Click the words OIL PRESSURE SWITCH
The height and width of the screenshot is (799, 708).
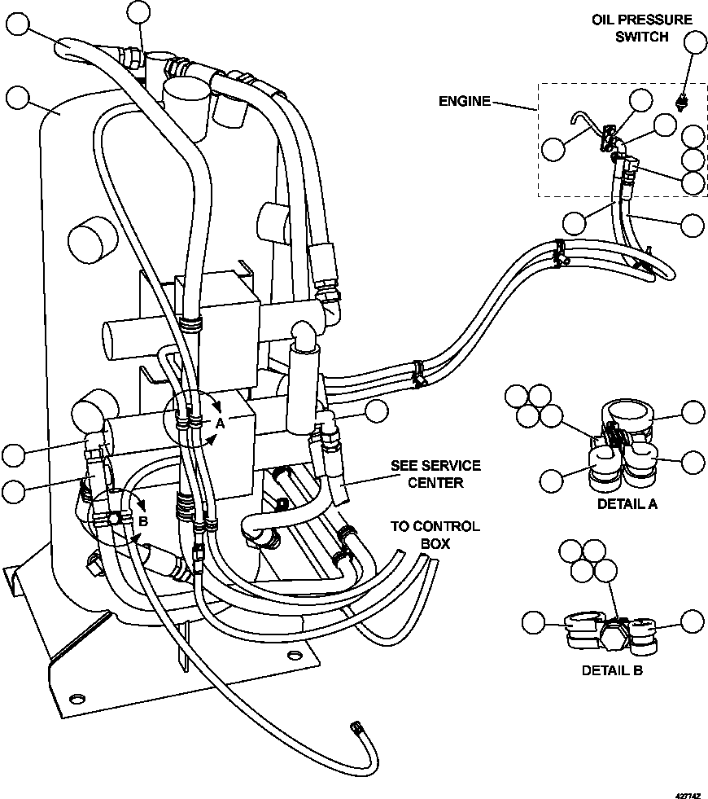point(641,28)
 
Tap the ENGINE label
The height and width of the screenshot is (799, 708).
point(465,101)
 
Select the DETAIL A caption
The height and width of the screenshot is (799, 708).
point(627,503)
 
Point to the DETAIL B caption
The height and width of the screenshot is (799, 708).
point(612,670)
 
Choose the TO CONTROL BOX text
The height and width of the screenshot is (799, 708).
point(435,534)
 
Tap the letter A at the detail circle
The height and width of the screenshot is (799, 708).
point(220,423)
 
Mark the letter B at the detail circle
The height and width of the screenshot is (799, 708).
point(142,521)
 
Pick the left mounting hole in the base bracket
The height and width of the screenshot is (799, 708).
point(77,698)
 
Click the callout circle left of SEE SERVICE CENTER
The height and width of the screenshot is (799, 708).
point(376,411)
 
